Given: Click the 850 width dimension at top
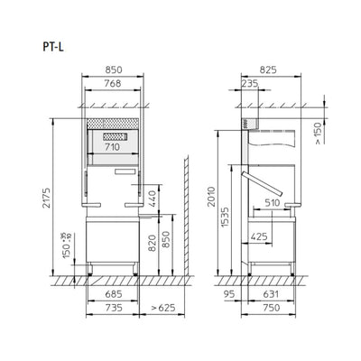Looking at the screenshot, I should click(113, 68).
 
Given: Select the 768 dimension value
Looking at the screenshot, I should click(113, 83).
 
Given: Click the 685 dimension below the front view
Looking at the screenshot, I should click(113, 293).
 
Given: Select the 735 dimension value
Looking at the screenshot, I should click(113, 309).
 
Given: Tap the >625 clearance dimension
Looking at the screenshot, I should click(163, 309).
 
